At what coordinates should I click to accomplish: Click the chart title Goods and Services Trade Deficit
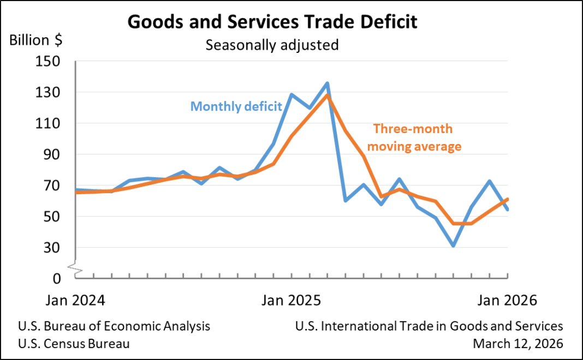click(272, 22)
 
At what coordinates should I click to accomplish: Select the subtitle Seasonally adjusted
click(272, 44)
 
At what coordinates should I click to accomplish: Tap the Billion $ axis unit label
click(36, 40)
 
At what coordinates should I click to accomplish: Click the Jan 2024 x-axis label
click(75, 301)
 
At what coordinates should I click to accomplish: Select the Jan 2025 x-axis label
click(291, 301)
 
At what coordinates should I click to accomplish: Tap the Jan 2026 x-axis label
click(508, 301)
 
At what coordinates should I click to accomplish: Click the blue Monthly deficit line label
click(236, 106)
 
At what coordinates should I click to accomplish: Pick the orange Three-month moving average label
click(417, 137)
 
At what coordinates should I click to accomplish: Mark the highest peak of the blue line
click(327, 83)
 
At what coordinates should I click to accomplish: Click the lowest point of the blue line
click(453, 246)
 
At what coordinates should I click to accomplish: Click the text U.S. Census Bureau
click(74, 344)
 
